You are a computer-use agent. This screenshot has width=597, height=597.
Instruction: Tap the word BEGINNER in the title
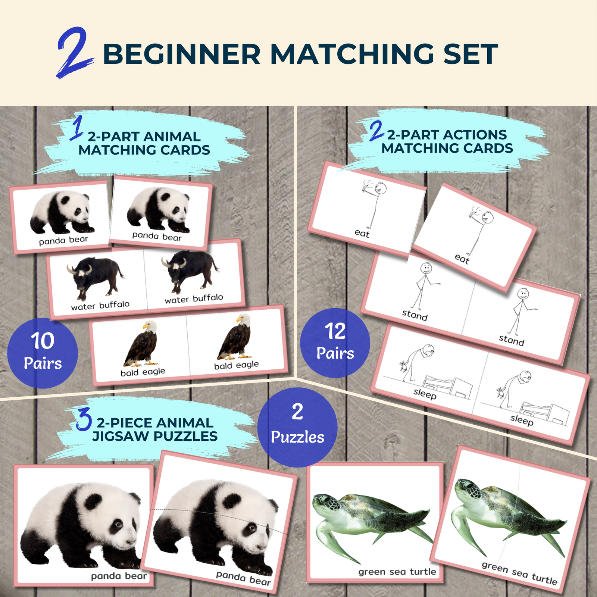[182, 54]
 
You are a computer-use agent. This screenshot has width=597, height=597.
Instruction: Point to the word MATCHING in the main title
[352, 54]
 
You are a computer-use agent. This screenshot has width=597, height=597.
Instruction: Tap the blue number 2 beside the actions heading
[376, 131]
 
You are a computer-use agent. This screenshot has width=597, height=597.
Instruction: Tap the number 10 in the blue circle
[43, 341]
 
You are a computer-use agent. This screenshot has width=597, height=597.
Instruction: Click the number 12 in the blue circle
[335, 331]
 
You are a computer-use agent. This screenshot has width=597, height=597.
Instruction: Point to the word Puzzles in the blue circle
[297, 437]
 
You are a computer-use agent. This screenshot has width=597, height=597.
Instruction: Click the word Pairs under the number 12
[335, 353]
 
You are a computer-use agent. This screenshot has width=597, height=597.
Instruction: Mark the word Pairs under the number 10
[43, 363]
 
